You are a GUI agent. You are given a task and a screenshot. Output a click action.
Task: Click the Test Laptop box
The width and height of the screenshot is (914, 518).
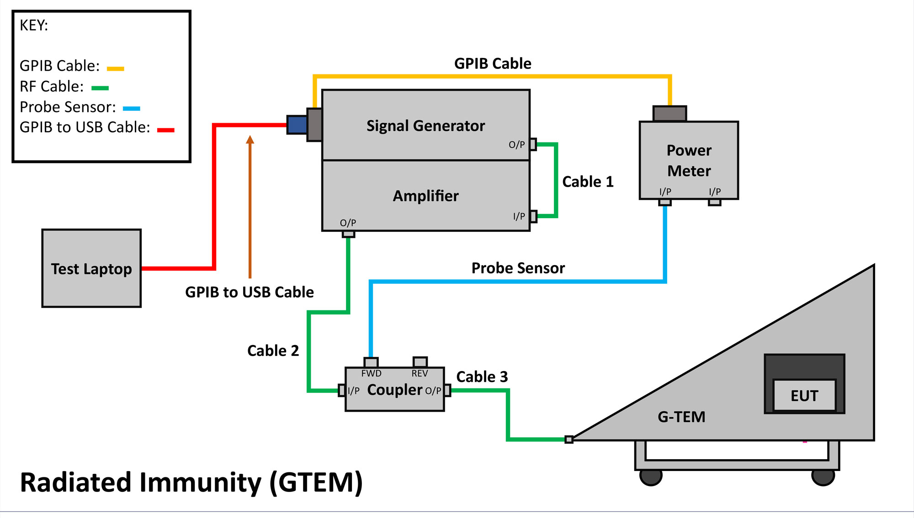click(91, 268)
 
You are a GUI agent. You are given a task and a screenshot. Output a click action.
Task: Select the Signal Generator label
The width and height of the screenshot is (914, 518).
click(425, 126)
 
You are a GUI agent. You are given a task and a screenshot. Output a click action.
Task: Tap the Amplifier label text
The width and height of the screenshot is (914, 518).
click(425, 196)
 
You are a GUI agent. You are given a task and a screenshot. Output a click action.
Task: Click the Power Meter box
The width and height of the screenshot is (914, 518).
click(689, 161)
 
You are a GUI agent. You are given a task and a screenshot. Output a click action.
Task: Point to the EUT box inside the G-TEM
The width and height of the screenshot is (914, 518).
click(804, 396)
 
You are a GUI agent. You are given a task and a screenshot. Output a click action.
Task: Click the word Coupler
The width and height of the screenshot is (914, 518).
click(394, 390)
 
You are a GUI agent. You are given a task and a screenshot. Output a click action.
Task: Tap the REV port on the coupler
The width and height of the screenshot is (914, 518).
click(420, 362)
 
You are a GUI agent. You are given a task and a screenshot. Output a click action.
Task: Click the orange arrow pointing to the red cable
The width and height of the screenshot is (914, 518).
click(250, 205)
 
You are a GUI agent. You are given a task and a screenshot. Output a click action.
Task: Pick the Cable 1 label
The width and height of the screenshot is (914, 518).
click(588, 182)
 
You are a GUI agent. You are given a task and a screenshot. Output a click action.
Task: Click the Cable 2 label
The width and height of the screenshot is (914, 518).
click(273, 351)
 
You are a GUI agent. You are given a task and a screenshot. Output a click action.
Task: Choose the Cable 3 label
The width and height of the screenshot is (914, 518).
click(482, 377)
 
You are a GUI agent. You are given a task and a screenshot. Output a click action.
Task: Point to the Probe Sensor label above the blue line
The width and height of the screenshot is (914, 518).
click(518, 268)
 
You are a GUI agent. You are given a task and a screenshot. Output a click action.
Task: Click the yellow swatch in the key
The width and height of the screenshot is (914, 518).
click(115, 69)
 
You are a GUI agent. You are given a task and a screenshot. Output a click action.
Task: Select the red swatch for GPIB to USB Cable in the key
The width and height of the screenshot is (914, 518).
click(165, 131)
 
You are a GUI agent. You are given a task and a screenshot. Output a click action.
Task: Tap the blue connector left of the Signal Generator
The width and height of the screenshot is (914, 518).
click(297, 125)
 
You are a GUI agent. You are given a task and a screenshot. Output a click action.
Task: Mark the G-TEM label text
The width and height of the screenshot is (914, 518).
click(681, 417)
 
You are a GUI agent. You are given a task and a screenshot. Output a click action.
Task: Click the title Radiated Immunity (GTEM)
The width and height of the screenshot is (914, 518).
click(191, 483)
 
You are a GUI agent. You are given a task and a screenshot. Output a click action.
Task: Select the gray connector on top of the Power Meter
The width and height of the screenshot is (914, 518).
click(670, 114)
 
